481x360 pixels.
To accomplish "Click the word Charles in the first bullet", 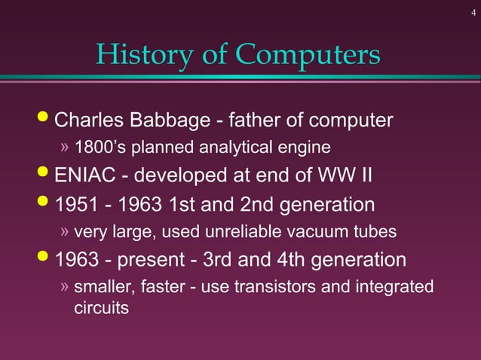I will pyautogui.click(x=90, y=121).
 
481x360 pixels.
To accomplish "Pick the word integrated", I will pyautogui.click(x=396, y=287).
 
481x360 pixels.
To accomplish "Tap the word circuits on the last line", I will pyautogui.click(x=99, y=308).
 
